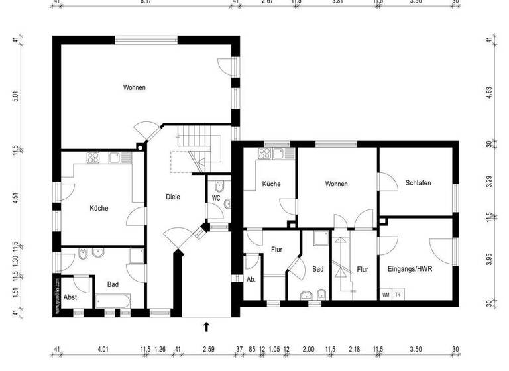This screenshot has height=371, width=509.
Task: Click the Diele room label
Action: click(x=173, y=197)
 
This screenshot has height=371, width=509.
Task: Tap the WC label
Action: click(x=216, y=198)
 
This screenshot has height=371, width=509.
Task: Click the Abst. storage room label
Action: click(x=71, y=297)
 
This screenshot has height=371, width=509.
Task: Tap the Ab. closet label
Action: click(x=251, y=279)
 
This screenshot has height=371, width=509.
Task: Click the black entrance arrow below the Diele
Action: click(x=207, y=326)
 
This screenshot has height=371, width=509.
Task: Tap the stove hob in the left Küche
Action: click(x=93, y=158)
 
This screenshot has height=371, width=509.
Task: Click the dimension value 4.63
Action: click(x=489, y=92)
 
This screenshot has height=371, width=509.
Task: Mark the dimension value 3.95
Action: click(x=489, y=259)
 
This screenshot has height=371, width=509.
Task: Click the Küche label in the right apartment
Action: click(x=272, y=184)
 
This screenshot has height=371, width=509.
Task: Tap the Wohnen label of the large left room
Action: click(x=134, y=87)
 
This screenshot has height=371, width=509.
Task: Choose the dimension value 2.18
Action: click(x=354, y=350)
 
